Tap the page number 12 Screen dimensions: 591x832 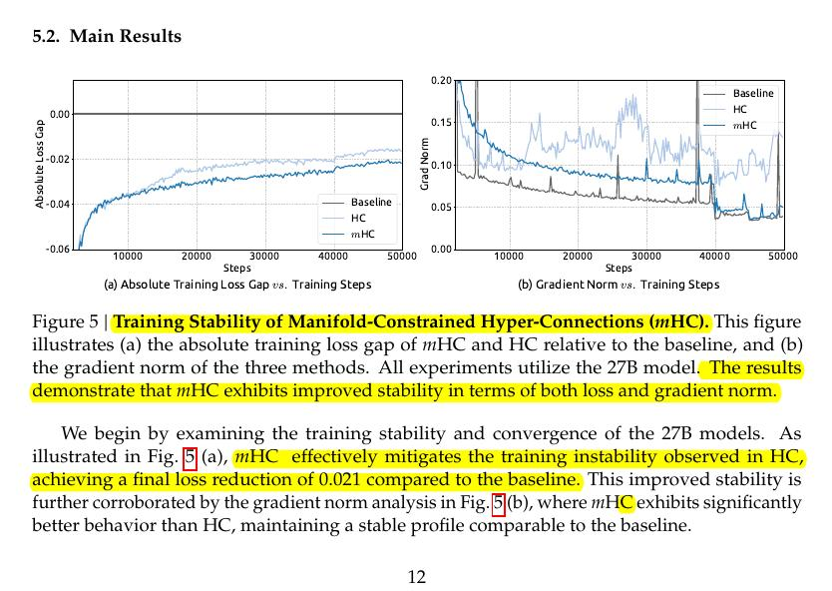pyautogui.click(x=417, y=576)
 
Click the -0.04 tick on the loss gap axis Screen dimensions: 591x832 pyautogui.click(x=59, y=204)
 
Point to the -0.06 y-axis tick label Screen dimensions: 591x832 pyautogui.click(x=59, y=249)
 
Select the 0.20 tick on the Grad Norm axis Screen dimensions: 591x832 pyautogui.click(x=441, y=80)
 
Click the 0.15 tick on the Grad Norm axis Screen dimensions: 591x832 pyautogui.click(x=441, y=123)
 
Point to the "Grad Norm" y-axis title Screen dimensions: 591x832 pyautogui.click(x=424, y=164)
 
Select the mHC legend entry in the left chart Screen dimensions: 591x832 pyautogui.click(x=362, y=234)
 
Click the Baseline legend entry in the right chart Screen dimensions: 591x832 pyautogui.click(x=752, y=93)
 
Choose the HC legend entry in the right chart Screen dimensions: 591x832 pyautogui.click(x=739, y=109)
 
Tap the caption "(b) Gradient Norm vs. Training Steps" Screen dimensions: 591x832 pyautogui.click(x=619, y=285)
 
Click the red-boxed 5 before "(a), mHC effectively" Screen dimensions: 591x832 pyautogui.click(x=190, y=458)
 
